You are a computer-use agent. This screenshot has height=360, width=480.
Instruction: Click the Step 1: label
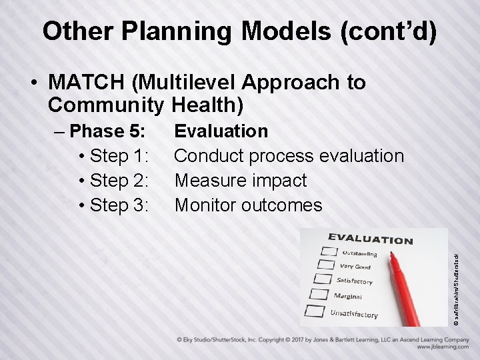tap(113, 156)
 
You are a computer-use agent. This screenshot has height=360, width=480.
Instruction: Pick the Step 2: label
tap(113, 181)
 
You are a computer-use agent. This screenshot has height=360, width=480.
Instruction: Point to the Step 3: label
tap(113, 205)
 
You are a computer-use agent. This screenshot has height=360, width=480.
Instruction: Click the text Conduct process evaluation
tap(289, 156)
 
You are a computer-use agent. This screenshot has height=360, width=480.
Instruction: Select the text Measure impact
tap(240, 181)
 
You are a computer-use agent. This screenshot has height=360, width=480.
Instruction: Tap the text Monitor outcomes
tap(248, 205)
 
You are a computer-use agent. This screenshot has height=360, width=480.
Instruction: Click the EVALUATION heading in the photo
tap(370, 239)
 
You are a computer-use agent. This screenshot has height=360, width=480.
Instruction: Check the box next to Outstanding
tap(329, 251)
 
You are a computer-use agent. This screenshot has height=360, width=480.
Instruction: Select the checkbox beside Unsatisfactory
tap(314, 310)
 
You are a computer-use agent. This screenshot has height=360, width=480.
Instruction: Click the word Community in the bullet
tap(107, 105)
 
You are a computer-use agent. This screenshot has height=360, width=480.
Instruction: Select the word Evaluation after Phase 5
tap(221, 131)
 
